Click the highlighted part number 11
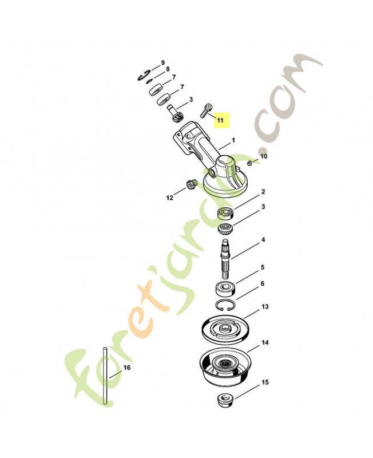220,120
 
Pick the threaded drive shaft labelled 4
226,259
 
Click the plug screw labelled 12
192,185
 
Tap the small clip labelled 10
249,163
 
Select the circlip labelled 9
144,76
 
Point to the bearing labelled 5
225,289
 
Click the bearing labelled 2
226,212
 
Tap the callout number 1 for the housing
233,140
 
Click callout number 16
127,368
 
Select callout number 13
265,307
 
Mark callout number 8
168,69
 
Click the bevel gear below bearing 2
225,228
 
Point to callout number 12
169,198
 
